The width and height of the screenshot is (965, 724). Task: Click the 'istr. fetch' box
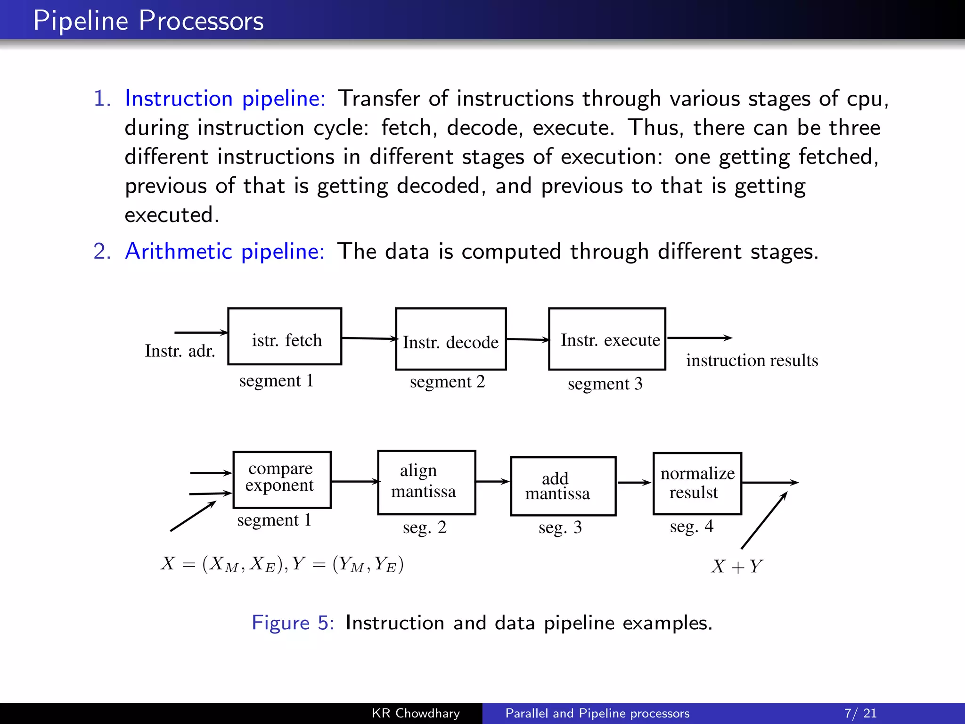click(285, 337)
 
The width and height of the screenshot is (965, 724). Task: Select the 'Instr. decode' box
click(450, 339)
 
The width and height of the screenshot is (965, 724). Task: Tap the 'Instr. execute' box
click(607, 339)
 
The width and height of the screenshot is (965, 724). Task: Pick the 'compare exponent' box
click(282, 480)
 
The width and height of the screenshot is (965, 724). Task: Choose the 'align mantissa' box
click(426, 482)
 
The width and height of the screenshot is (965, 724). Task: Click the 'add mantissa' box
click(563, 486)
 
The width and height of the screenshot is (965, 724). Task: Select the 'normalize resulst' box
click(697, 483)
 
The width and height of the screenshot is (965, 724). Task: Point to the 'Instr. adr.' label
click(180, 351)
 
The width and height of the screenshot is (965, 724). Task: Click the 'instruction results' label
click(752, 361)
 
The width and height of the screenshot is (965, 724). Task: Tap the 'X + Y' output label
click(736, 566)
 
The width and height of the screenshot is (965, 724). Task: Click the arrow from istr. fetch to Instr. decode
click(368, 338)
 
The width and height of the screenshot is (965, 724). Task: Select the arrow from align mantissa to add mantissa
click(493, 482)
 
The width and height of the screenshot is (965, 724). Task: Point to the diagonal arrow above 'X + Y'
click(764, 520)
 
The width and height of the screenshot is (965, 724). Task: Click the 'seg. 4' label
click(691, 527)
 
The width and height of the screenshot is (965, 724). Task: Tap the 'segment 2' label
click(447, 382)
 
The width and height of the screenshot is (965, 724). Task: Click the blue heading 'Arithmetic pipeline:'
click(225, 251)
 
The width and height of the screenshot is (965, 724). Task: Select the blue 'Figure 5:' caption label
click(293, 623)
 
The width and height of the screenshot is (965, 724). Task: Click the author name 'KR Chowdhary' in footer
click(416, 713)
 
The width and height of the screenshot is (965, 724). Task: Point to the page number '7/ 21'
click(860, 713)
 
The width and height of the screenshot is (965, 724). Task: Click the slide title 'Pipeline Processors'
click(148, 21)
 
